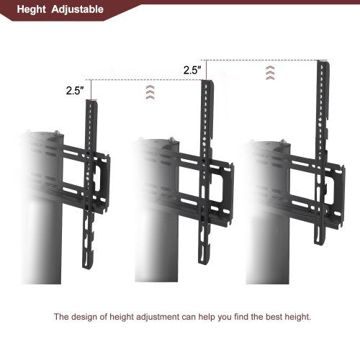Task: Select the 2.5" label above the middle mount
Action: tap(192, 71)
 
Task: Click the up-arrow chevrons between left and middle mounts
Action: tap(149, 91)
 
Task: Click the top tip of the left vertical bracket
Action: tap(91, 102)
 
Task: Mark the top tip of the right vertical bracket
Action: tap(323, 63)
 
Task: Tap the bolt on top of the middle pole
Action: tap(174, 140)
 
